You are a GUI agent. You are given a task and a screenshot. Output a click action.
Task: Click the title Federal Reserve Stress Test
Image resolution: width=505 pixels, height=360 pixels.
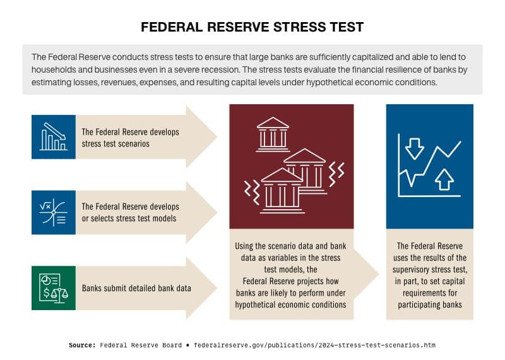(252, 27)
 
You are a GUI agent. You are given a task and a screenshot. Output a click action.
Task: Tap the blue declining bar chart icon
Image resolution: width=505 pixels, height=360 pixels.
(54, 136)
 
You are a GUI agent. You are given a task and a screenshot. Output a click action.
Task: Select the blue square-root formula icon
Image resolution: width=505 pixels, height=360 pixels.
(54, 212)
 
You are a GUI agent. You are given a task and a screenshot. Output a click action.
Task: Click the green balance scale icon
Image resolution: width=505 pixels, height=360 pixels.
(54, 287)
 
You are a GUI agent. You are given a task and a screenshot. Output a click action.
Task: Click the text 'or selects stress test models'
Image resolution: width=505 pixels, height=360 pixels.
(130, 219)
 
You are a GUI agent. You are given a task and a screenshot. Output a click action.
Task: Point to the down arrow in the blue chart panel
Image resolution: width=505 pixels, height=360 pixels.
(415, 148)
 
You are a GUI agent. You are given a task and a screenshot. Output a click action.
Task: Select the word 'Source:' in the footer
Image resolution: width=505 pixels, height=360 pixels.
(81, 345)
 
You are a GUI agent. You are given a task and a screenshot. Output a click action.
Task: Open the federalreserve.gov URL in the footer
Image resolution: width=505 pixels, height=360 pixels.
(314, 345)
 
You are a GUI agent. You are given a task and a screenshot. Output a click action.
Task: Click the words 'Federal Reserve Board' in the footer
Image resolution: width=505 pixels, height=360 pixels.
(143, 345)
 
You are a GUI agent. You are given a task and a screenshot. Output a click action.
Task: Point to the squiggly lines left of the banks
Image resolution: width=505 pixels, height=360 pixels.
(251, 189)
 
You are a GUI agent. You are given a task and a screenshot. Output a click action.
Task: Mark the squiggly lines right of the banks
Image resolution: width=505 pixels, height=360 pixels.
(338, 171)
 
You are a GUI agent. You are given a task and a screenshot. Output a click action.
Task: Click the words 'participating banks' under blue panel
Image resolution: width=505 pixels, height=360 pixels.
(429, 304)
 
